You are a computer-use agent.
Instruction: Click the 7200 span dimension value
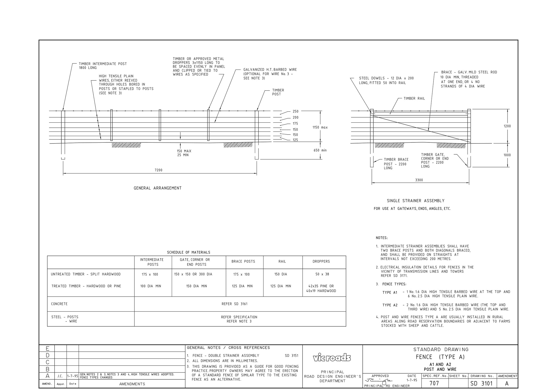pyautogui.click(x=159, y=170)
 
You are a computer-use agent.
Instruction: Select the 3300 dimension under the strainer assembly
pyautogui.click(x=419, y=180)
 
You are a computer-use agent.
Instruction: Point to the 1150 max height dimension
pyautogui.click(x=320, y=127)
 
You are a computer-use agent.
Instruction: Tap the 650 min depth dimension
pyautogui.click(x=320, y=150)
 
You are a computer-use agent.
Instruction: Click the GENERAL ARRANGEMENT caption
pyautogui.click(x=158, y=188)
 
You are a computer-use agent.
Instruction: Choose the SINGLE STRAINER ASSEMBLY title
pyautogui.click(x=415, y=201)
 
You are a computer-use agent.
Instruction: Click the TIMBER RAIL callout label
pyautogui.click(x=414, y=99)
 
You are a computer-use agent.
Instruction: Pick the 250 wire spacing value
pyautogui.click(x=295, y=111)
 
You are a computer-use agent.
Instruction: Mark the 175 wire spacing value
pyautogui.click(x=295, y=124)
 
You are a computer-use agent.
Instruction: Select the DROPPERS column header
pyautogui.click(x=321, y=262)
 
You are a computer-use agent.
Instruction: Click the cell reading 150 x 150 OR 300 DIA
pyautogui.click(x=193, y=274)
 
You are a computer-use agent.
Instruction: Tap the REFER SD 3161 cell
pyautogui.click(x=234, y=304)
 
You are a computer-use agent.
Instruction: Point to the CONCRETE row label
pyautogui.click(x=59, y=304)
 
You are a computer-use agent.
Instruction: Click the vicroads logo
pyautogui.click(x=332, y=358)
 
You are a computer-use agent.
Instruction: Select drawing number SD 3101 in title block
pyautogui.click(x=481, y=384)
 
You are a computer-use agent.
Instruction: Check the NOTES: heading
pyautogui.click(x=382, y=238)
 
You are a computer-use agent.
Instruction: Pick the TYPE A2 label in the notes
pyautogui.click(x=390, y=305)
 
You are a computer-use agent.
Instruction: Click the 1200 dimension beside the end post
pyautogui.click(x=507, y=126)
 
